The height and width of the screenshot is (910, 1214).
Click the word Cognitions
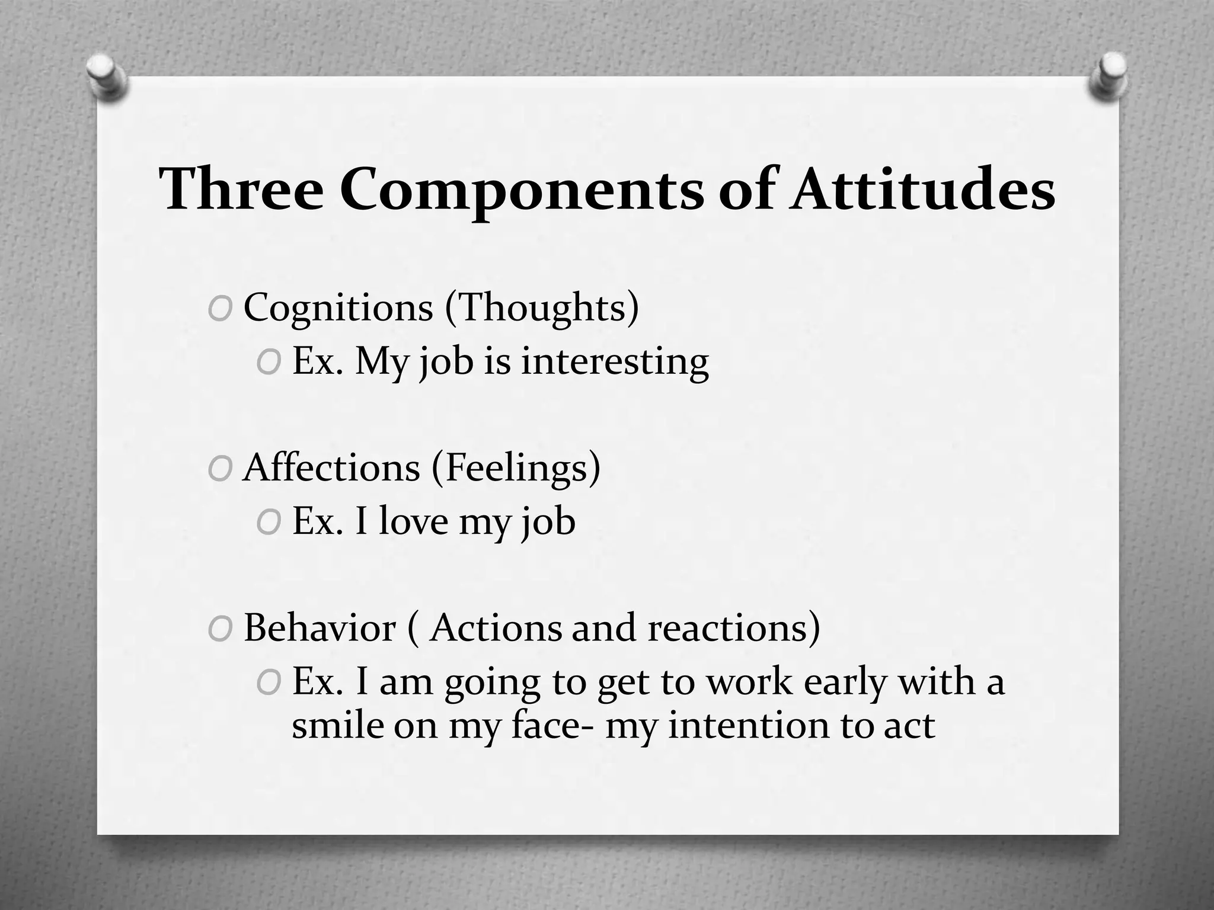click(x=338, y=308)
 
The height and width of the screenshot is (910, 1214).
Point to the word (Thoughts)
click(x=542, y=308)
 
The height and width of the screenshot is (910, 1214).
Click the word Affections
click(x=331, y=468)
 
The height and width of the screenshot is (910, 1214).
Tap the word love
click(x=413, y=521)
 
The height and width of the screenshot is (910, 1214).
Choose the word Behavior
click(x=320, y=627)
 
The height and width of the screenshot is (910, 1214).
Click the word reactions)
click(x=734, y=627)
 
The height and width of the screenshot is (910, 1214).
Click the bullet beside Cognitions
click(x=219, y=310)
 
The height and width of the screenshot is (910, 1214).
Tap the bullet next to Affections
click(x=219, y=470)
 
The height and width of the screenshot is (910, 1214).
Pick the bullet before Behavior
click(x=219, y=630)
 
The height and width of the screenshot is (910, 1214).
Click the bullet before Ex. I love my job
click(x=268, y=523)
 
